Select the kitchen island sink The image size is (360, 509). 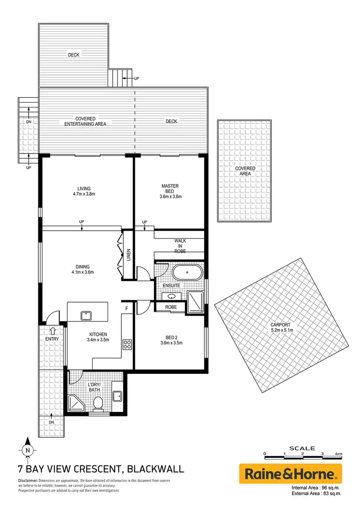pyautogui.click(x=86, y=315)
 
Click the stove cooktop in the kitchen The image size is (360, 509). pyautogui.click(x=128, y=344)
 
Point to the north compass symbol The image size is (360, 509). pyautogui.click(x=28, y=450)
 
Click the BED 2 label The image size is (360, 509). pyautogui.click(x=171, y=340)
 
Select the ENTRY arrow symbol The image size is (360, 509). pyautogui.click(x=53, y=331)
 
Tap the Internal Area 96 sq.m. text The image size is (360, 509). pyautogui.click(x=316, y=489)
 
